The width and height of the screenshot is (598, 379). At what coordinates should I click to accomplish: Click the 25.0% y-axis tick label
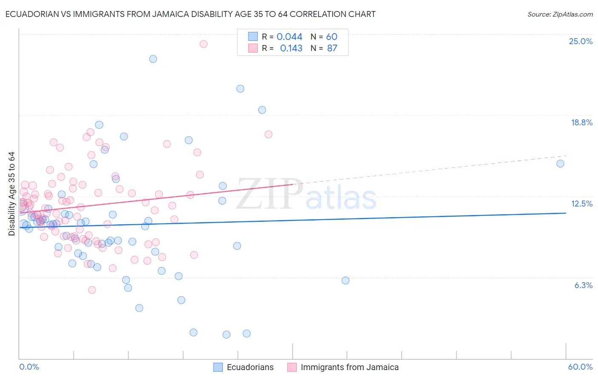(581, 42)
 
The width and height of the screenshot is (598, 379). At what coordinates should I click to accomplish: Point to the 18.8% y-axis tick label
(581, 123)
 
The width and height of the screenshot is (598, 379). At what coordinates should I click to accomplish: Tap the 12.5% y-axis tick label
(581, 204)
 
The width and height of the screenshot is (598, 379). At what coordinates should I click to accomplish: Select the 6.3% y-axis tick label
(583, 286)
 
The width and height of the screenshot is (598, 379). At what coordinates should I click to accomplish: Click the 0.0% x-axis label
(29, 367)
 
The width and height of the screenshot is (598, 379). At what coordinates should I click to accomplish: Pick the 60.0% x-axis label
(580, 367)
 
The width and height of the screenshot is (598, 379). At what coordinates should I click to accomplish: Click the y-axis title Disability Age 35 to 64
(11, 194)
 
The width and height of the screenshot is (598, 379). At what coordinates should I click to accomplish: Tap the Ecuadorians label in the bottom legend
(250, 368)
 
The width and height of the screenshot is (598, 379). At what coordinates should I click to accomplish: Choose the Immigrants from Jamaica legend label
(350, 368)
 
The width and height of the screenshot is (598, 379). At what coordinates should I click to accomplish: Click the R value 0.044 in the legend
(289, 37)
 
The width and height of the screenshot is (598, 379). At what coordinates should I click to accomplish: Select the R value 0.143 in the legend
(291, 48)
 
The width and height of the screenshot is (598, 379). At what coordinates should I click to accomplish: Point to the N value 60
(332, 37)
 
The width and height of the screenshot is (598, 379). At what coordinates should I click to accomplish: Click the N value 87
(332, 48)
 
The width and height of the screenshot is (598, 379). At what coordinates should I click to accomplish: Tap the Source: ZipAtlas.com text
(560, 14)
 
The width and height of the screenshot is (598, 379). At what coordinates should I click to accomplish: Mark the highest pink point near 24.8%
(204, 44)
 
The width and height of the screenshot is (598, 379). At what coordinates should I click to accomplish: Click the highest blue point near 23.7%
(153, 59)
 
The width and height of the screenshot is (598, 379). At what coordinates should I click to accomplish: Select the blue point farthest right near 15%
(560, 164)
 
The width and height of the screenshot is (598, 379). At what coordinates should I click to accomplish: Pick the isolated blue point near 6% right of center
(345, 280)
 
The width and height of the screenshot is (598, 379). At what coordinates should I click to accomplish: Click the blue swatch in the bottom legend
(218, 368)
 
